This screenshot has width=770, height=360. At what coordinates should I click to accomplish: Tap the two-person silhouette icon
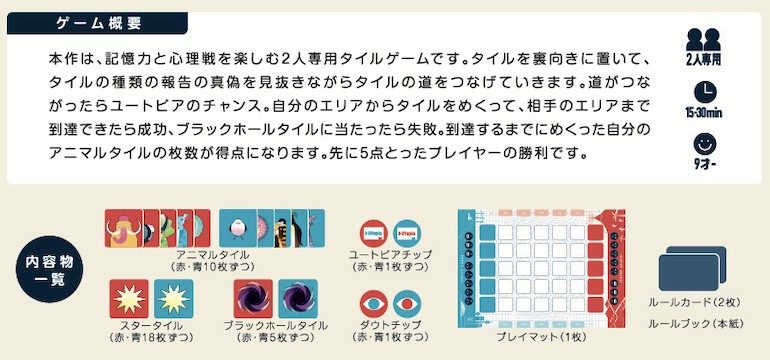[704, 40]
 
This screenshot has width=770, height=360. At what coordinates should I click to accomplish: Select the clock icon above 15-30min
[704, 90]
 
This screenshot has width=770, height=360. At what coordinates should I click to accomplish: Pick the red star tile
[130, 299]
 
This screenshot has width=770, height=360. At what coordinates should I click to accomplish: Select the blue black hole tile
[297, 299]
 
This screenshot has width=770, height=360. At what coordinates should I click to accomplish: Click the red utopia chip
[371, 234]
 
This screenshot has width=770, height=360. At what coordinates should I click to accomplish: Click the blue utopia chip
[405, 234]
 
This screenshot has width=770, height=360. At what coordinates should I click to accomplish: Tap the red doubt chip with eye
[371, 301]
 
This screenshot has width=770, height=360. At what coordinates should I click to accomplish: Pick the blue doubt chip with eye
[405, 301]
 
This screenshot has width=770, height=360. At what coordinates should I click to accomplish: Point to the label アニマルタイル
[211, 256]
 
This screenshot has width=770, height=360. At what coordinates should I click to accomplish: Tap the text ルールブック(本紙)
[693, 324]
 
